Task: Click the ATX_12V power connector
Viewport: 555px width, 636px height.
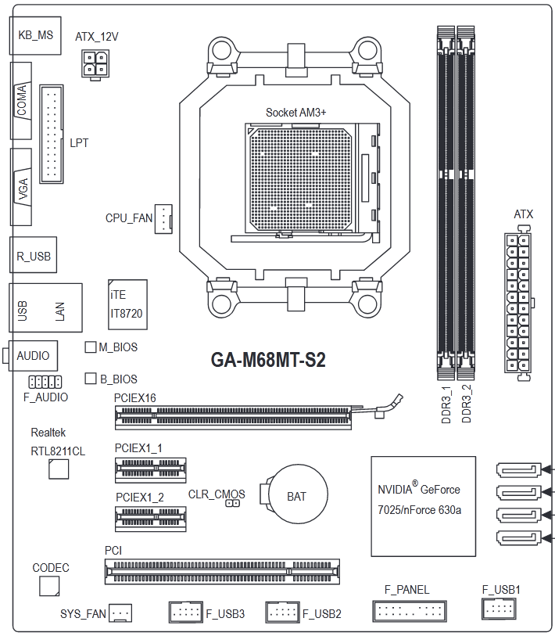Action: pos(95,64)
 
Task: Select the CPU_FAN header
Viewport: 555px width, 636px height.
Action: pos(163,218)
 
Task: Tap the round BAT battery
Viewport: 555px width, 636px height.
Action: pos(294,494)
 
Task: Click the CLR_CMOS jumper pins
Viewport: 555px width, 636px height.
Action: pos(232,503)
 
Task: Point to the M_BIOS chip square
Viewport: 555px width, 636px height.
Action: pos(91,347)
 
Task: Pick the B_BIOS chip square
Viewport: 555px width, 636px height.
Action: pos(91,378)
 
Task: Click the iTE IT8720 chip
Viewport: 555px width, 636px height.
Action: pos(127,304)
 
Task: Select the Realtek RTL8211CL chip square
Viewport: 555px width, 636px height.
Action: pos(59,469)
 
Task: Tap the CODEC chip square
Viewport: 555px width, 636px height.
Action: pos(49,586)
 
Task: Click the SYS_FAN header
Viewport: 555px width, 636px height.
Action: pos(121,613)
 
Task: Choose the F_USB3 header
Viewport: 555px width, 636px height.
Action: pos(186,612)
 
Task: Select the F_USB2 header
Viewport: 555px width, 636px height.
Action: pos(282,612)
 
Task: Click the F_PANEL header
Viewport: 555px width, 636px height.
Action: pos(410,611)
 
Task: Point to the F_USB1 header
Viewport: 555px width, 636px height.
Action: pos(499,609)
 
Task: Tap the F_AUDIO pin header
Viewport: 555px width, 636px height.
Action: pos(45,382)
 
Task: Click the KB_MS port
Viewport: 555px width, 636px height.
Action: pos(35,36)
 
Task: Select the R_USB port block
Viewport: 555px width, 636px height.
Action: pos(34,255)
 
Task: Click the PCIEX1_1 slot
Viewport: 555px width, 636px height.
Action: pos(150,470)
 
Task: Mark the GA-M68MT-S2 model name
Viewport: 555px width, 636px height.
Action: pos(268,359)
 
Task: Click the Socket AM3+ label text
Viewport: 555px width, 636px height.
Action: pos(295,113)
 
